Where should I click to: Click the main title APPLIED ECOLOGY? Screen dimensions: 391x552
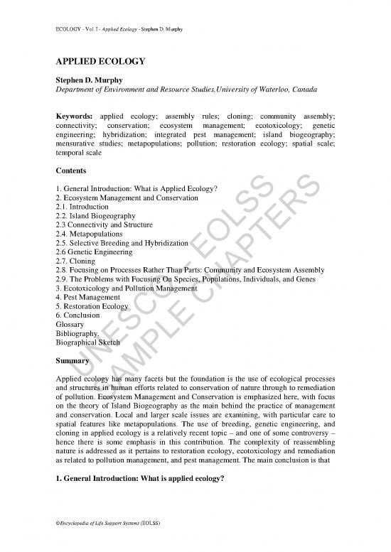click(x=100, y=62)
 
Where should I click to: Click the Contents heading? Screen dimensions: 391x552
click(x=70, y=171)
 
